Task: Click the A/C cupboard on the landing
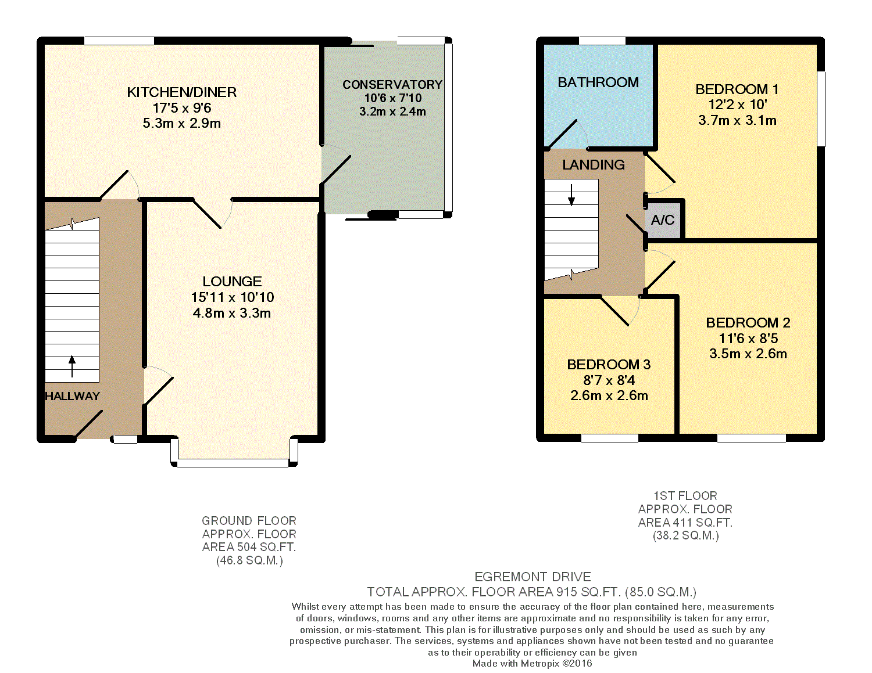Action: coord(663,221)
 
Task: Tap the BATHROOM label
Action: coord(598,82)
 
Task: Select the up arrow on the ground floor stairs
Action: coord(72,366)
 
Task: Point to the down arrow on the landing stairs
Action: coord(571,195)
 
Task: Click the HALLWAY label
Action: coord(72,396)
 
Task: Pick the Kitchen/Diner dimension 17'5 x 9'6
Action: coord(182,108)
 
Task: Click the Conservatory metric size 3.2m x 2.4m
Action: coord(392,111)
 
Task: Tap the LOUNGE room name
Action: coord(232,282)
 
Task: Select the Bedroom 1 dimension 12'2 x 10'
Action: coord(738,105)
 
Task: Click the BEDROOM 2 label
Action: coord(748,323)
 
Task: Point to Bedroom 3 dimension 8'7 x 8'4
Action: coord(609,380)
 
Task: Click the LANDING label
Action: coord(594,165)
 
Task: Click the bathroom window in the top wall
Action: coord(602,41)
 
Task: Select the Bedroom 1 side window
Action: coord(821,109)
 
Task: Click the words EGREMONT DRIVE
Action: coord(533,577)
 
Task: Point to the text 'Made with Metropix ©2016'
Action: coord(532,663)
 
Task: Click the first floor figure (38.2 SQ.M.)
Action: coord(685,535)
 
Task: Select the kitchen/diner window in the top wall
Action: coord(119,41)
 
